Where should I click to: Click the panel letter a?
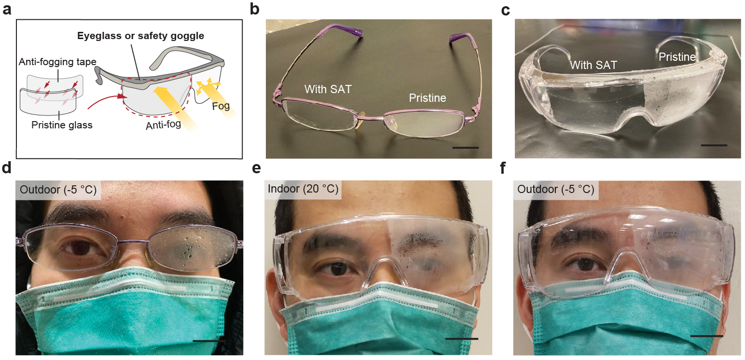(x=7, y=9)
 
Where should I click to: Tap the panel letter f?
(x=503, y=167)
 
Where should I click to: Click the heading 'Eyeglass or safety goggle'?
(x=141, y=36)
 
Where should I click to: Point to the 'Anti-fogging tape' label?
(x=57, y=62)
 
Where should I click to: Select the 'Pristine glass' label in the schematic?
(x=62, y=125)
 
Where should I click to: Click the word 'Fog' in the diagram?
(x=221, y=106)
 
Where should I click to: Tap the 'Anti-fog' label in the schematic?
(x=163, y=125)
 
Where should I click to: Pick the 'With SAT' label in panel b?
(x=328, y=89)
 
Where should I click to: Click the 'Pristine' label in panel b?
(x=428, y=98)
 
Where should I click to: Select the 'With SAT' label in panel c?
(x=593, y=65)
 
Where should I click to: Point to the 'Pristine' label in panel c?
(x=677, y=57)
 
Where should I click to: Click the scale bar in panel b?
(x=466, y=147)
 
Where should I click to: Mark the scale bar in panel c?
(x=714, y=145)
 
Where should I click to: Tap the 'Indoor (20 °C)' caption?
(x=303, y=189)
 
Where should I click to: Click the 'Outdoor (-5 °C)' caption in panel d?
(x=58, y=190)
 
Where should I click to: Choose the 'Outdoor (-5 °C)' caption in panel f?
(x=556, y=189)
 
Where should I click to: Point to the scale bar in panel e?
(x=462, y=339)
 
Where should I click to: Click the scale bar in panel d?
(x=209, y=341)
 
